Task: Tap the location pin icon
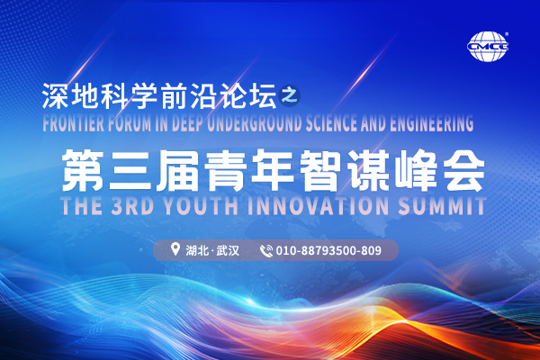tap(175, 249)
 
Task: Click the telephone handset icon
tap(265, 250)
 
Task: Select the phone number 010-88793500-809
tap(329, 250)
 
